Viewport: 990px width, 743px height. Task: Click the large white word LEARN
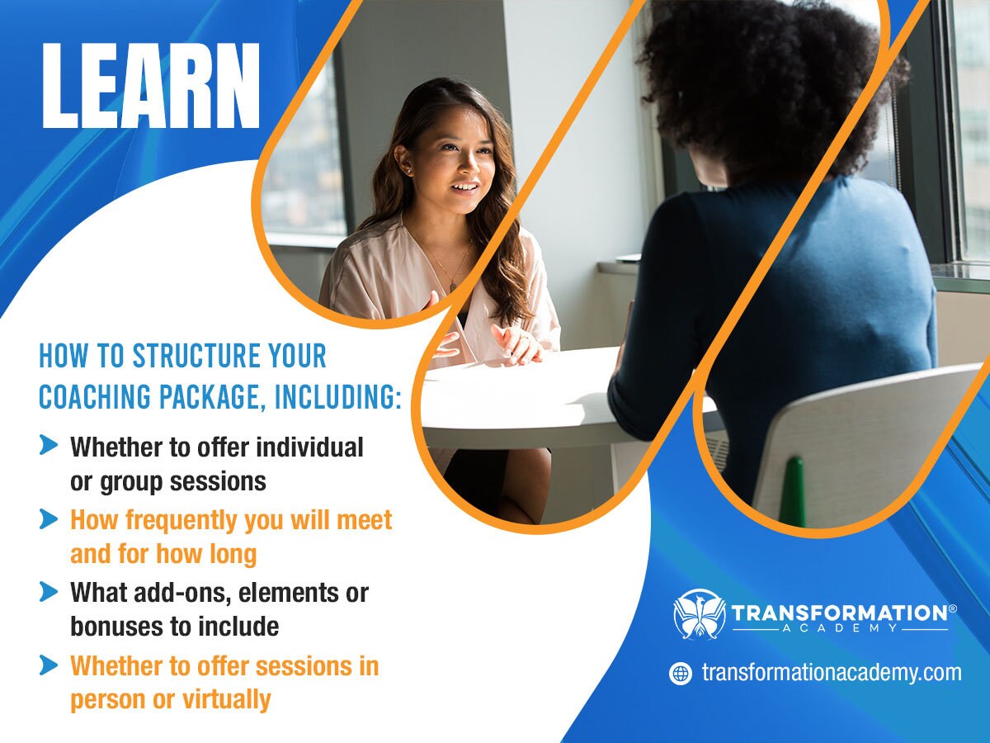[x=151, y=87]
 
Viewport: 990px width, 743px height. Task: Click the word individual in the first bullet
[x=309, y=447]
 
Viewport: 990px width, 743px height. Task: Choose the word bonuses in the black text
[x=118, y=627]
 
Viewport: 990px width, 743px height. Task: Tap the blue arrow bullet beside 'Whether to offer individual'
[x=49, y=447]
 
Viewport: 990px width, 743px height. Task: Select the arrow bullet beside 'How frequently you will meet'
[x=49, y=519]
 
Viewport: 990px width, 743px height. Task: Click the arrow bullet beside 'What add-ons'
[x=49, y=592]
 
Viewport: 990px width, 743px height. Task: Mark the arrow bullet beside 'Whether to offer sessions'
[x=49, y=665]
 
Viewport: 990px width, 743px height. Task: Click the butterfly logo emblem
[x=699, y=614]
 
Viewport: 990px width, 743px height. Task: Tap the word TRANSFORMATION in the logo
[x=838, y=613]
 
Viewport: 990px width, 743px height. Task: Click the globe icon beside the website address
[x=681, y=673]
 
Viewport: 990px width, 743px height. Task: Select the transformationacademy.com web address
[x=832, y=672]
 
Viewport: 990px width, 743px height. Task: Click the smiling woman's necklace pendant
[x=452, y=286]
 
